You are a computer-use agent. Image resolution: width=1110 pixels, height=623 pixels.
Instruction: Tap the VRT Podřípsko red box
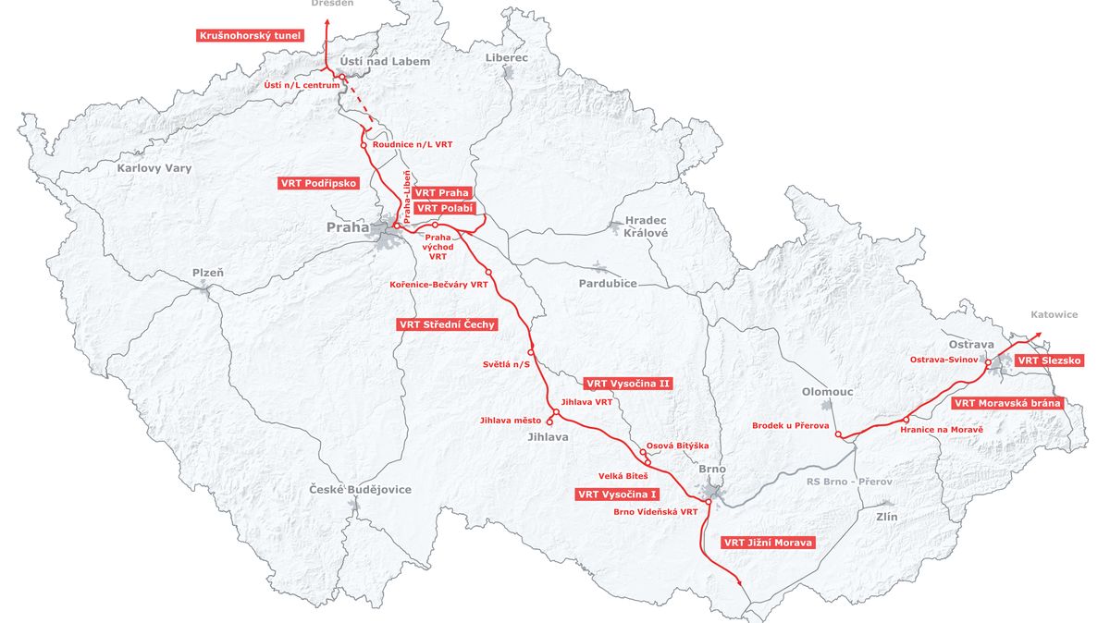317,183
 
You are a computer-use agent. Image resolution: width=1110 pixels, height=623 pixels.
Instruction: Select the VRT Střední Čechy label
448,324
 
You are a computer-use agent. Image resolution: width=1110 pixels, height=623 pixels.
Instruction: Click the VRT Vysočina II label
627,382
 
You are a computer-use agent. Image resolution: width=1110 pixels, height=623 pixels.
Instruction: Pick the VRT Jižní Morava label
768,543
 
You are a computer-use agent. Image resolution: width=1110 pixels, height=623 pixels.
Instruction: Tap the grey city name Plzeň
207,273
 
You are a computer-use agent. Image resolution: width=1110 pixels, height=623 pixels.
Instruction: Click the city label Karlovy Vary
154,168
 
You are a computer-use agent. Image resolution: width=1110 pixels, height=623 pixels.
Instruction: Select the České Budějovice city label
360,489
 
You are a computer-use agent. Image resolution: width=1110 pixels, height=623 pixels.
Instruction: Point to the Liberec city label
506,57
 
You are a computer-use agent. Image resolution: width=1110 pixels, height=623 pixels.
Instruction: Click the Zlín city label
886,518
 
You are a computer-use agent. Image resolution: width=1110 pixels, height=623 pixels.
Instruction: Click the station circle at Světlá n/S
531,352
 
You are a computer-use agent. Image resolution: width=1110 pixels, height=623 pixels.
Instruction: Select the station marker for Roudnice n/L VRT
364,145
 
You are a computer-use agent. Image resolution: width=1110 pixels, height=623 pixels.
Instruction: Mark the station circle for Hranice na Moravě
906,421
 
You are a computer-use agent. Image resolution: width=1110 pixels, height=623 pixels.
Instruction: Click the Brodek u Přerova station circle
837,435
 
